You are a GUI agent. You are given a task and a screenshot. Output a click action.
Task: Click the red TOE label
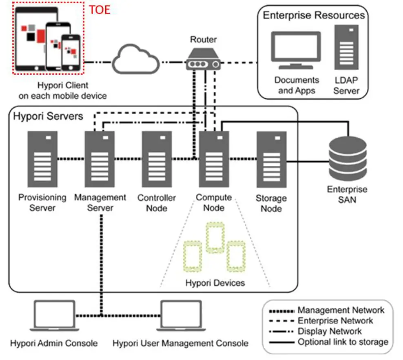(x=100, y=9)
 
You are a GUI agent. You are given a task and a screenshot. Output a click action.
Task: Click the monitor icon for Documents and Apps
(x=297, y=50)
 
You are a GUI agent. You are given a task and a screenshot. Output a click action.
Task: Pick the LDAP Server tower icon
(x=346, y=47)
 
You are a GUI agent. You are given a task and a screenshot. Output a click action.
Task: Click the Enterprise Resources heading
(x=313, y=16)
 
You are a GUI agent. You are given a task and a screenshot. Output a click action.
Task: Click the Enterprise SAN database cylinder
(x=348, y=159)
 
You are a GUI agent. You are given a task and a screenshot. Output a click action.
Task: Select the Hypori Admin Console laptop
(x=54, y=316)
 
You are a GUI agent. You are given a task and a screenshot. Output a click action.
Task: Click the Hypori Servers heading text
(x=48, y=116)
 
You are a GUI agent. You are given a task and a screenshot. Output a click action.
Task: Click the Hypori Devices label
(x=215, y=282)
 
